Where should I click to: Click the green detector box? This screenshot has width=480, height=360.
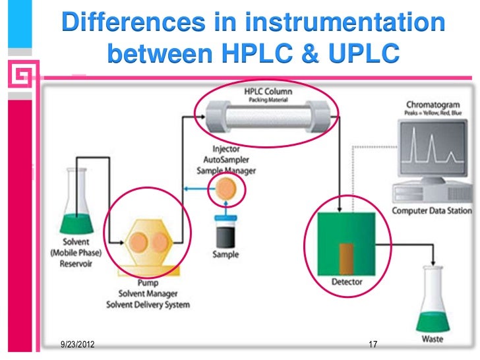pyautogui.click(x=347, y=243)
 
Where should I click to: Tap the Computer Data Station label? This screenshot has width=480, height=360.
pyautogui.click(x=432, y=211)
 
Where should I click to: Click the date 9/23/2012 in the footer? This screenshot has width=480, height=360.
pyautogui.click(x=75, y=344)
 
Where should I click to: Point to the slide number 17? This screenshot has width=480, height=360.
pyautogui.click(x=373, y=345)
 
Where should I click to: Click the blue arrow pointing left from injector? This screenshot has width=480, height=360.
pyautogui.click(x=197, y=189)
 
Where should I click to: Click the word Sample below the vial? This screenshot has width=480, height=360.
pyautogui.click(x=225, y=255)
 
